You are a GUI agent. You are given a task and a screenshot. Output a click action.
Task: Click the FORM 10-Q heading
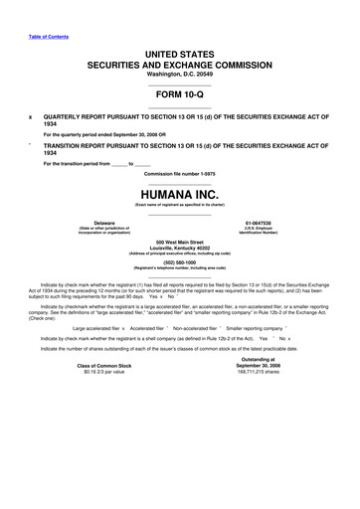[180, 95]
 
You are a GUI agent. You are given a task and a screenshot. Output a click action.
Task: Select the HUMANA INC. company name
[180, 194]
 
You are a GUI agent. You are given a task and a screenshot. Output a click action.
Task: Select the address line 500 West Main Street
[180, 242]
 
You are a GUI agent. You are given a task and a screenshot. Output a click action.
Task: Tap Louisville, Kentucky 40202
[180, 248]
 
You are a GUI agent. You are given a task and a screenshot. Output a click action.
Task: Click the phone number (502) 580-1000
[180, 261]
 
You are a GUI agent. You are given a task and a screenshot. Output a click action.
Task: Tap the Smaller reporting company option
[255, 355]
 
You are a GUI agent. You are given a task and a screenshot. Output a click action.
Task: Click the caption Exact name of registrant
[180, 205]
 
